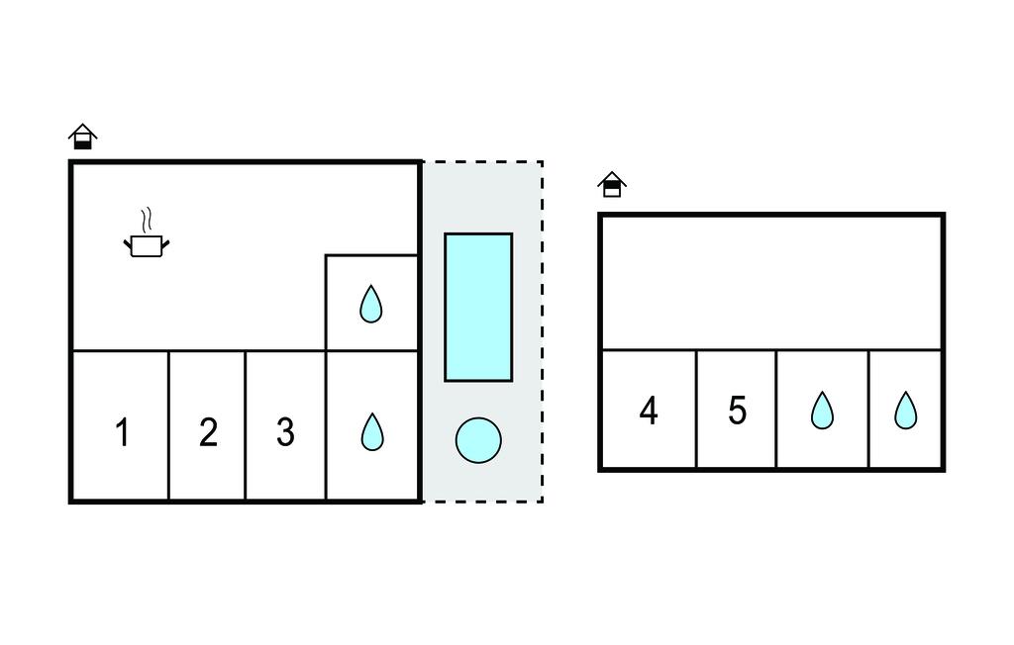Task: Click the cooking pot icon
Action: pos(146,245)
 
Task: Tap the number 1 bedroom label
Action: pos(122,432)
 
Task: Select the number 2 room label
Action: pos(208,432)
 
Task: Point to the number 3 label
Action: pos(285,432)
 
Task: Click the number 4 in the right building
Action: pos(649,411)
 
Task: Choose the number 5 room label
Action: pos(737,411)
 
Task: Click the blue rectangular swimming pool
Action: pos(478,307)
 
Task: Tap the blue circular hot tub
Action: pos(478,440)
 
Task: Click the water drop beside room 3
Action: pos(371,431)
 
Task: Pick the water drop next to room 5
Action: pos(822,411)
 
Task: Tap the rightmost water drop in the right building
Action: pos(905,411)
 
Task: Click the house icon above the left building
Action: pos(83,137)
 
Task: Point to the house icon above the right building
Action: pos(612,184)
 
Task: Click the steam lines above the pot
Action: pos(148,218)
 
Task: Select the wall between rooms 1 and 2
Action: pos(169,425)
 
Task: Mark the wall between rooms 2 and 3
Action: pos(246,425)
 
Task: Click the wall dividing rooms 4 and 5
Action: pos(697,409)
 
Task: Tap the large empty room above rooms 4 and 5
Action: pos(770,282)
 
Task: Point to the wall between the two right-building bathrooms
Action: pos(869,409)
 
